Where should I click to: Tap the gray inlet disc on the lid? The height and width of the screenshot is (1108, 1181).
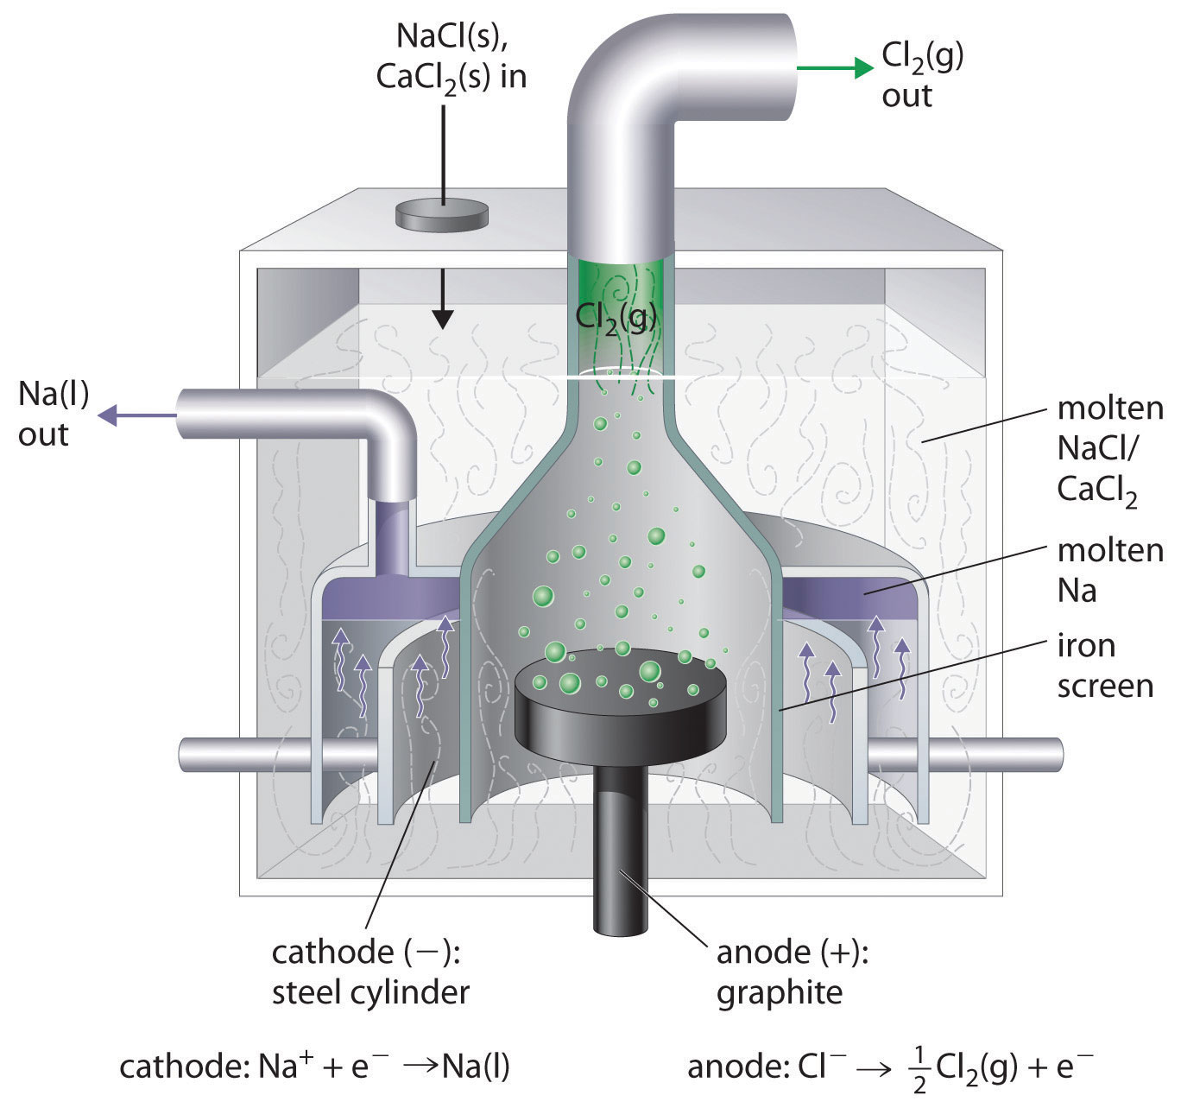[x=441, y=214]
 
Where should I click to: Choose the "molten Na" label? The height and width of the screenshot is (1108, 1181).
[x=1110, y=570]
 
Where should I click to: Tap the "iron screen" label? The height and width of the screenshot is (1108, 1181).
[x=1105, y=665]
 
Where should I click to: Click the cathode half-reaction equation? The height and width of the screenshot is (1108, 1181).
[x=315, y=1067]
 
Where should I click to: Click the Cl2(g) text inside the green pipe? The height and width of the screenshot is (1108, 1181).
[x=616, y=316]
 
